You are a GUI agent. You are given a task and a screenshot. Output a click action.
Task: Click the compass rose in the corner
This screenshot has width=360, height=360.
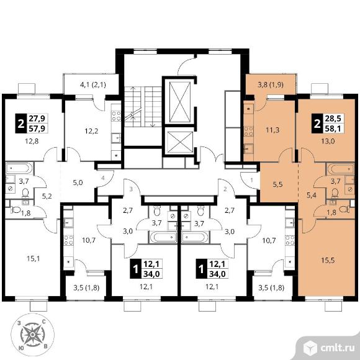(x=33, y=335)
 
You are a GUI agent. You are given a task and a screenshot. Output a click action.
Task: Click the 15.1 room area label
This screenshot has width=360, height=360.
(x=34, y=259)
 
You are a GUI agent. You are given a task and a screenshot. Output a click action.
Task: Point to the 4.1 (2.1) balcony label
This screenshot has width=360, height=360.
(x=92, y=85)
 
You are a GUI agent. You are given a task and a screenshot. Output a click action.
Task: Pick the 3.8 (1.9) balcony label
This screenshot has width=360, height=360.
(x=271, y=84)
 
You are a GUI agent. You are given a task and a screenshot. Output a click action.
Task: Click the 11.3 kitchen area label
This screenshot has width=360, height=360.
(x=272, y=130)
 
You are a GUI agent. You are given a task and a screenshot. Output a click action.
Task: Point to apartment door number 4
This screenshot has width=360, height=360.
(x=103, y=178)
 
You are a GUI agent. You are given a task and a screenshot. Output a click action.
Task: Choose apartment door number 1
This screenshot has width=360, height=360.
(x=251, y=180)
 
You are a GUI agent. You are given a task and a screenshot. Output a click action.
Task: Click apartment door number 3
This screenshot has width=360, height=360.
(x=131, y=189)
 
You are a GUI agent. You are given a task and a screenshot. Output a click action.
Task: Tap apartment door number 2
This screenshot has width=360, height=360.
(x=225, y=189)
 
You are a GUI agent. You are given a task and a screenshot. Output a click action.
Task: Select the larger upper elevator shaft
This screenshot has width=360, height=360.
(x=180, y=102)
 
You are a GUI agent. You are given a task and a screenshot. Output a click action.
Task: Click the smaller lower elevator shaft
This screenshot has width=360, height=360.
(x=180, y=142)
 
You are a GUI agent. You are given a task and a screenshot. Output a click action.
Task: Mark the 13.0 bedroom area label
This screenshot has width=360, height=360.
(x=328, y=141)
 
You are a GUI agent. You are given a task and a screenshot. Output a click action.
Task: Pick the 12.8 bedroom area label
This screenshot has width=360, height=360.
(x=32, y=141)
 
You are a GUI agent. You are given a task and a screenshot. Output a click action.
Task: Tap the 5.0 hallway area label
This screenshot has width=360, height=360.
(x=78, y=183)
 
